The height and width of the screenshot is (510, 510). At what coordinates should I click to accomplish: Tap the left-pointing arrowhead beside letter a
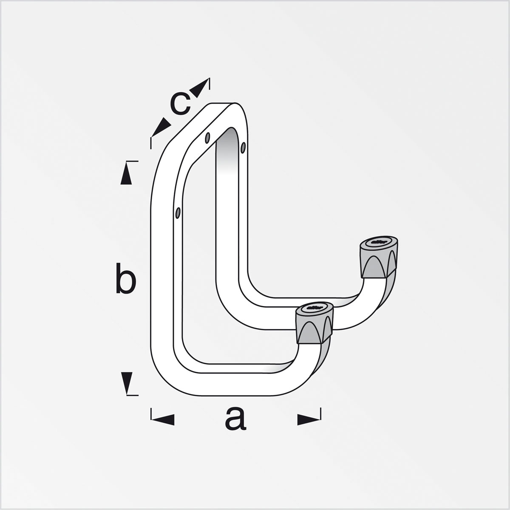coord(164,419)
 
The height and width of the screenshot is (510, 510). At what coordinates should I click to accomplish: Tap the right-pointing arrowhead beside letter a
coord(309,419)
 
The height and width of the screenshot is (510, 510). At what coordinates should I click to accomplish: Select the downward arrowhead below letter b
coord(126,382)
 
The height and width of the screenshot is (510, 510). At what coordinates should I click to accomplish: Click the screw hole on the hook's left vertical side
coord(178,212)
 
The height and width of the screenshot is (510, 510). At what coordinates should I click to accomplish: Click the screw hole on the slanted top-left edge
coord(207,138)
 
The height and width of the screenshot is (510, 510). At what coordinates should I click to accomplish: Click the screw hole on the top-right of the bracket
coord(243,147)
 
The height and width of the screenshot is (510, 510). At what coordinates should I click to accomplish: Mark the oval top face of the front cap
coord(314,308)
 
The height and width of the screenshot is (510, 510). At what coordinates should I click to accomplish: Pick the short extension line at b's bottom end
coord(133,395)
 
